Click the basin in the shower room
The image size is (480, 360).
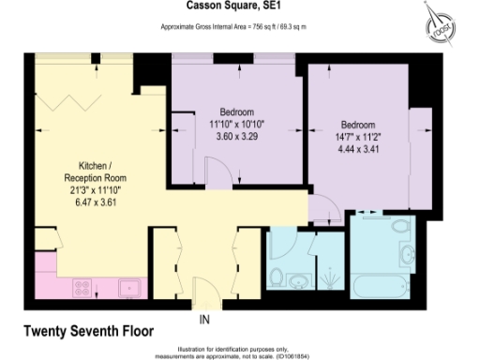[298, 282]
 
